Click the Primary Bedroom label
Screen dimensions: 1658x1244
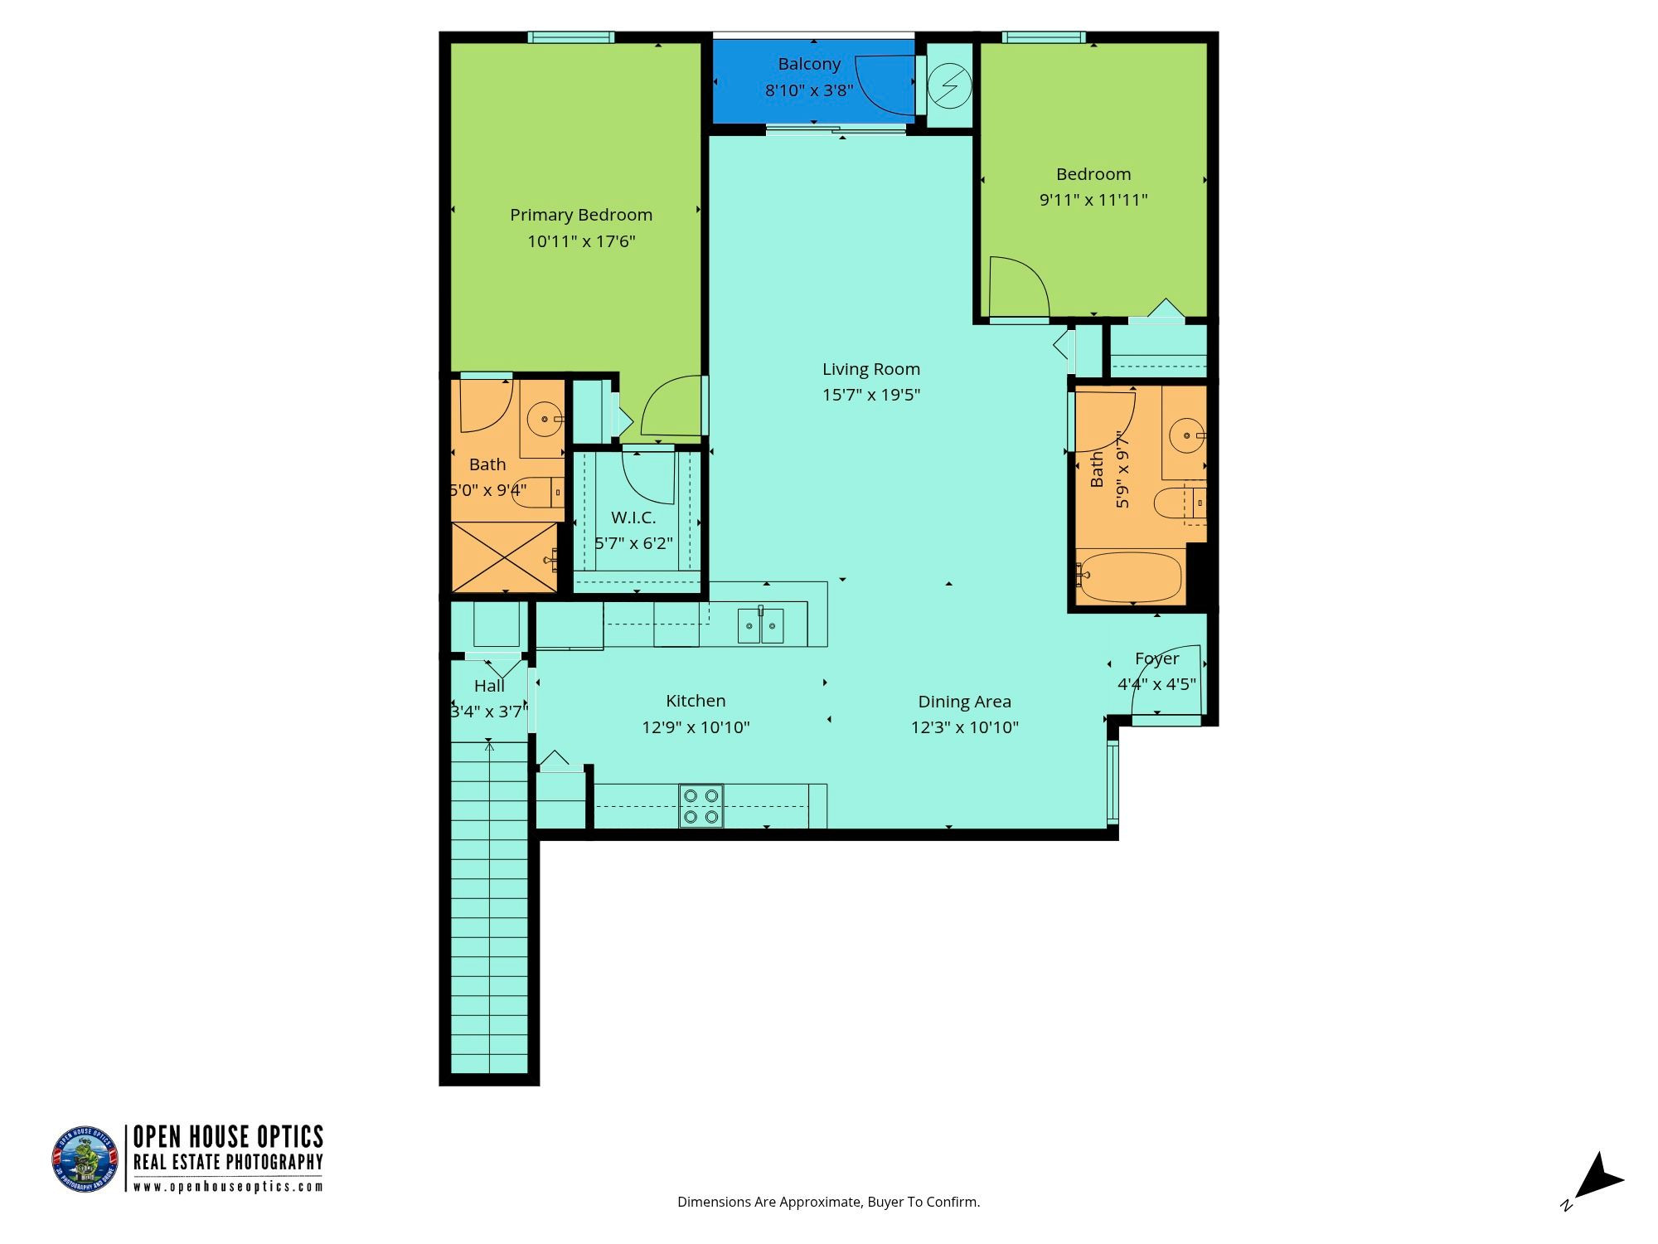click(581, 215)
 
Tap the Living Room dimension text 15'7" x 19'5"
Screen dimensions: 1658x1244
click(871, 395)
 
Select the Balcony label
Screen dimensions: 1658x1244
click(809, 64)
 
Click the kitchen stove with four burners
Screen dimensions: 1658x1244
click(701, 806)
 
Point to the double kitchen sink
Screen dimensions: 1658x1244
click(761, 625)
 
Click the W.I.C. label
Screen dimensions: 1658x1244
click(633, 518)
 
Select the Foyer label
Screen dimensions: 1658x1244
click(1156, 659)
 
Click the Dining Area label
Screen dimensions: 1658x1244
click(964, 702)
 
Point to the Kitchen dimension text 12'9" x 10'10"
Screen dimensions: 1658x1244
click(696, 727)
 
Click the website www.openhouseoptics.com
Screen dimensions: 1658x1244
click(228, 1187)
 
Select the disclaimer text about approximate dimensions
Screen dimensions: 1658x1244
click(828, 1202)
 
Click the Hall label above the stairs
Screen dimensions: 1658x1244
click(489, 686)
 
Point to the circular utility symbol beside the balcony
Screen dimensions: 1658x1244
click(950, 85)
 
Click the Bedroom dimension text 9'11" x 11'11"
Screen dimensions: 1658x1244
click(1093, 200)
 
